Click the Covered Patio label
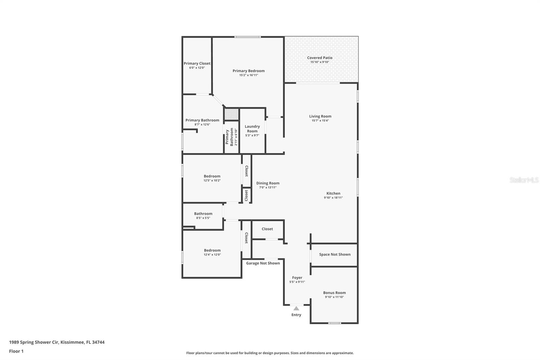[x=320, y=58]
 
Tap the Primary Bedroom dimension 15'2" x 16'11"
[x=248, y=75]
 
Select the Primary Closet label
[x=197, y=63]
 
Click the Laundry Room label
[x=252, y=129]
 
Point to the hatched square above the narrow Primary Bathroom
[x=231, y=114]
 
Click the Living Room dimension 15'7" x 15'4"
[x=320, y=121]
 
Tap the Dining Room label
[x=268, y=183]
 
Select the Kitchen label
[x=333, y=194]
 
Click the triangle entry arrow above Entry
[x=296, y=308]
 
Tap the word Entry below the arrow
[x=296, y=315]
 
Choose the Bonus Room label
[x=334, y=293]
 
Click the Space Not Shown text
[x=334, y=254]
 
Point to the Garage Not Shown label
[x=263, y=263]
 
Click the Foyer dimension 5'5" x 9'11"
[x=297, y=282]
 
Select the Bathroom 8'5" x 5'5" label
[x=203, y=214]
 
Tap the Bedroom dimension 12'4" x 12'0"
[x=212, y=255]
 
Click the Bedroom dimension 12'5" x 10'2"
[x=212, y=180]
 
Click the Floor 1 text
[x=16, y=351]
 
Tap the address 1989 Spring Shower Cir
[x=34, y=342]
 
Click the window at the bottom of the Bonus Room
[x=334, y=323]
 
